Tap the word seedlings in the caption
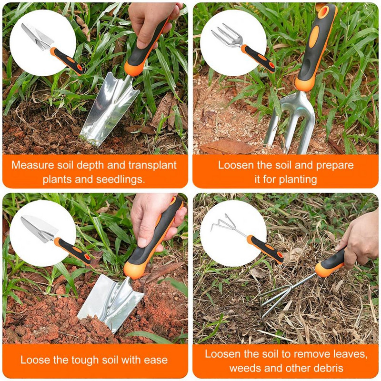(121, 180)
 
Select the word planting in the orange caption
(298, 180)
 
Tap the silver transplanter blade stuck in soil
(107, 114)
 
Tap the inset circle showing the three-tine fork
(233, 43)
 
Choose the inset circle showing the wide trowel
(43, 233)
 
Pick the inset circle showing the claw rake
(233, 233)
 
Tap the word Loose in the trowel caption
(33, 360)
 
